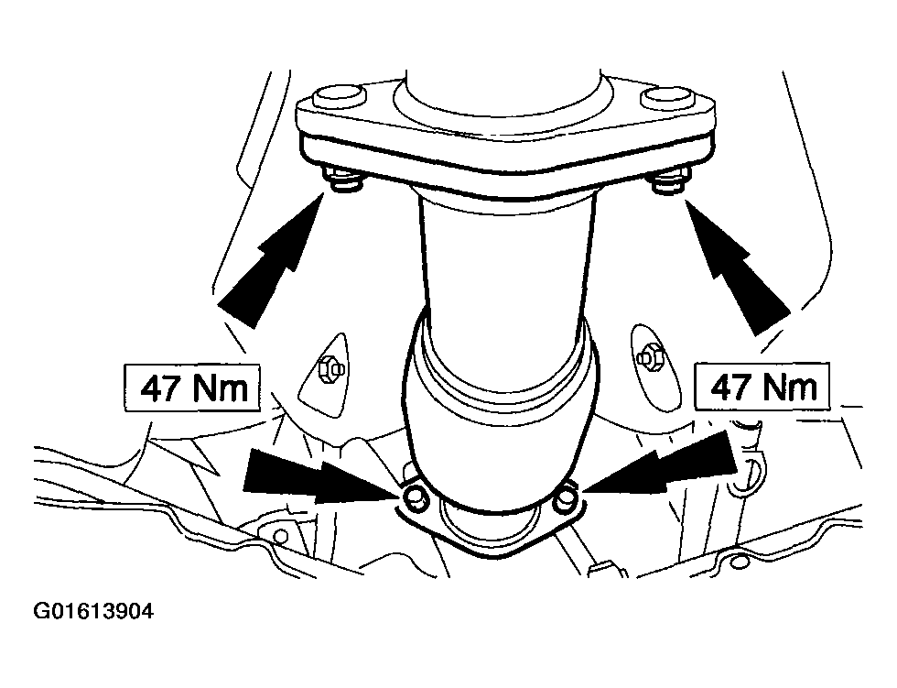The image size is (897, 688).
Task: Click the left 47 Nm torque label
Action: point(192,388)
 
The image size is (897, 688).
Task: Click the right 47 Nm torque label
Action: point(762,386)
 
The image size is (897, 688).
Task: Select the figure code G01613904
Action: point(93,612)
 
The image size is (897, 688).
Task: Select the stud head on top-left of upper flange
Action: point(340,97)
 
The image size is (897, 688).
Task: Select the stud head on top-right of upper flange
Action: point(667,97)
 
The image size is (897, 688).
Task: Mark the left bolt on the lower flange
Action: point(415,496)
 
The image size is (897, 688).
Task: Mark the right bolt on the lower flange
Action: point(566,496)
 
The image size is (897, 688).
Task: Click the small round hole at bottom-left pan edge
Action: point(280,536)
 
